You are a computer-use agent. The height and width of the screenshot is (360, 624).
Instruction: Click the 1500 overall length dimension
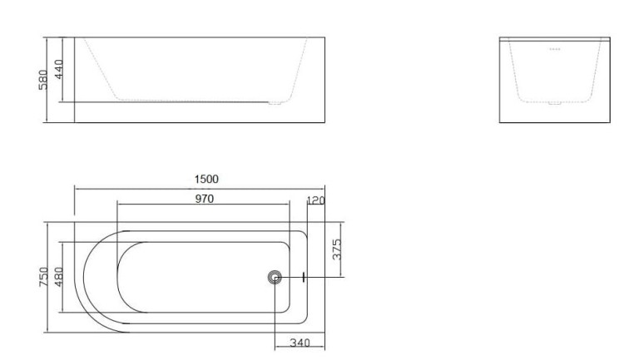[x=206, y=179]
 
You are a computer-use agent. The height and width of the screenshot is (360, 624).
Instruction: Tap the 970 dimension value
[x=204, y=199]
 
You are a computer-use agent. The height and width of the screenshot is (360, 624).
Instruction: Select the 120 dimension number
[x=316, y=200]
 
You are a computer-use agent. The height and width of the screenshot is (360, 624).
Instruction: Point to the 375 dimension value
[x=337, y=249]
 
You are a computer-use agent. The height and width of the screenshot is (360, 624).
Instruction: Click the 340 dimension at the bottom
[x=300, y=343]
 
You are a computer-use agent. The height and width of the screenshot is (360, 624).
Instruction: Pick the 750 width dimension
[x=44, y=277]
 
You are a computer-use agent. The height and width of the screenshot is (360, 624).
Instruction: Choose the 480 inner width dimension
[x=58, y=277]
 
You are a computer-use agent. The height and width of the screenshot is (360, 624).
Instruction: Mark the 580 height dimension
[x=43, y=80]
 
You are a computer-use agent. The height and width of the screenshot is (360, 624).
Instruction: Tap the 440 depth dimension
[x=58, y=69]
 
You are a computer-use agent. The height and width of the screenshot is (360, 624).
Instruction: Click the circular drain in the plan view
[x=275, y=277]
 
